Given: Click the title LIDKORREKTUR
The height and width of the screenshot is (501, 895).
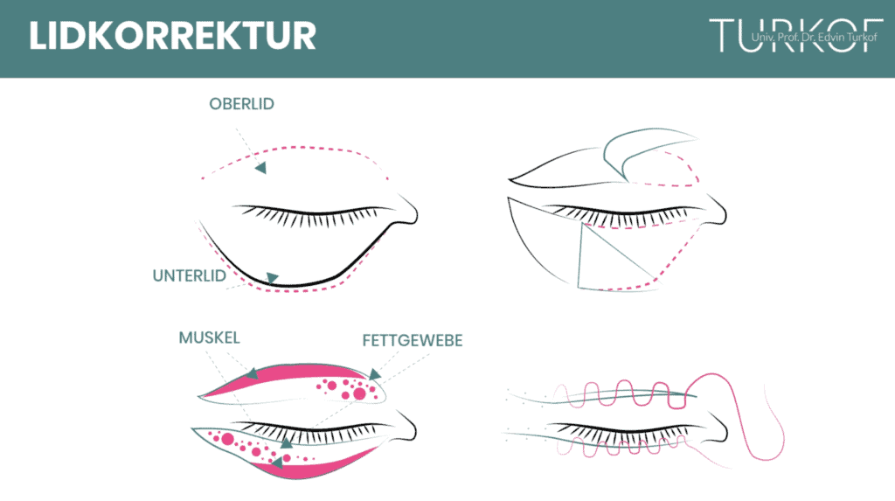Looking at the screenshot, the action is [x=172, y=36].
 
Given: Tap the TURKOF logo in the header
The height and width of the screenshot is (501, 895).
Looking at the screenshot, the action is [x=795, y=36].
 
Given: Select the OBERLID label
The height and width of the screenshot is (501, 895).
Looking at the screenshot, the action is [x=241, y=104].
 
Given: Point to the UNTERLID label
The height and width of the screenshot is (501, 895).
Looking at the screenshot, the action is [x=190, y=276].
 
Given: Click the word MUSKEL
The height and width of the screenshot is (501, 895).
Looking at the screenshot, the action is [x=210, y=337].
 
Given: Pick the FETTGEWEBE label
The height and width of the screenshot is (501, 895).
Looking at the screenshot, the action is [x=413, y=340].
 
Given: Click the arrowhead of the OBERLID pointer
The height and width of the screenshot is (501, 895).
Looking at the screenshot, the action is [x=260, y=168].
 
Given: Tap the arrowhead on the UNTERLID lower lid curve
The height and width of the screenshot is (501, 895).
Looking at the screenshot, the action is [x=273, y=278].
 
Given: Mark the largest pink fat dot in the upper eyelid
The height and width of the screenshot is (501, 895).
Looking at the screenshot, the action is [x=359, y=393].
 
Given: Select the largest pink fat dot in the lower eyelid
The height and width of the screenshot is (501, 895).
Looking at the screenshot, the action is [x=228, y=439].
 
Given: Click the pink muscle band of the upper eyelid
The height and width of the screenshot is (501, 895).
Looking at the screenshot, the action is [x=286, y=372].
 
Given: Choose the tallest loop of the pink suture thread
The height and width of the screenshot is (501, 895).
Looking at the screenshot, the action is [x=736, y=416].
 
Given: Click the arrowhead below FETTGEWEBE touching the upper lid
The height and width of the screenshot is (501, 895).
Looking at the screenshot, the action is [x=374, y=374].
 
